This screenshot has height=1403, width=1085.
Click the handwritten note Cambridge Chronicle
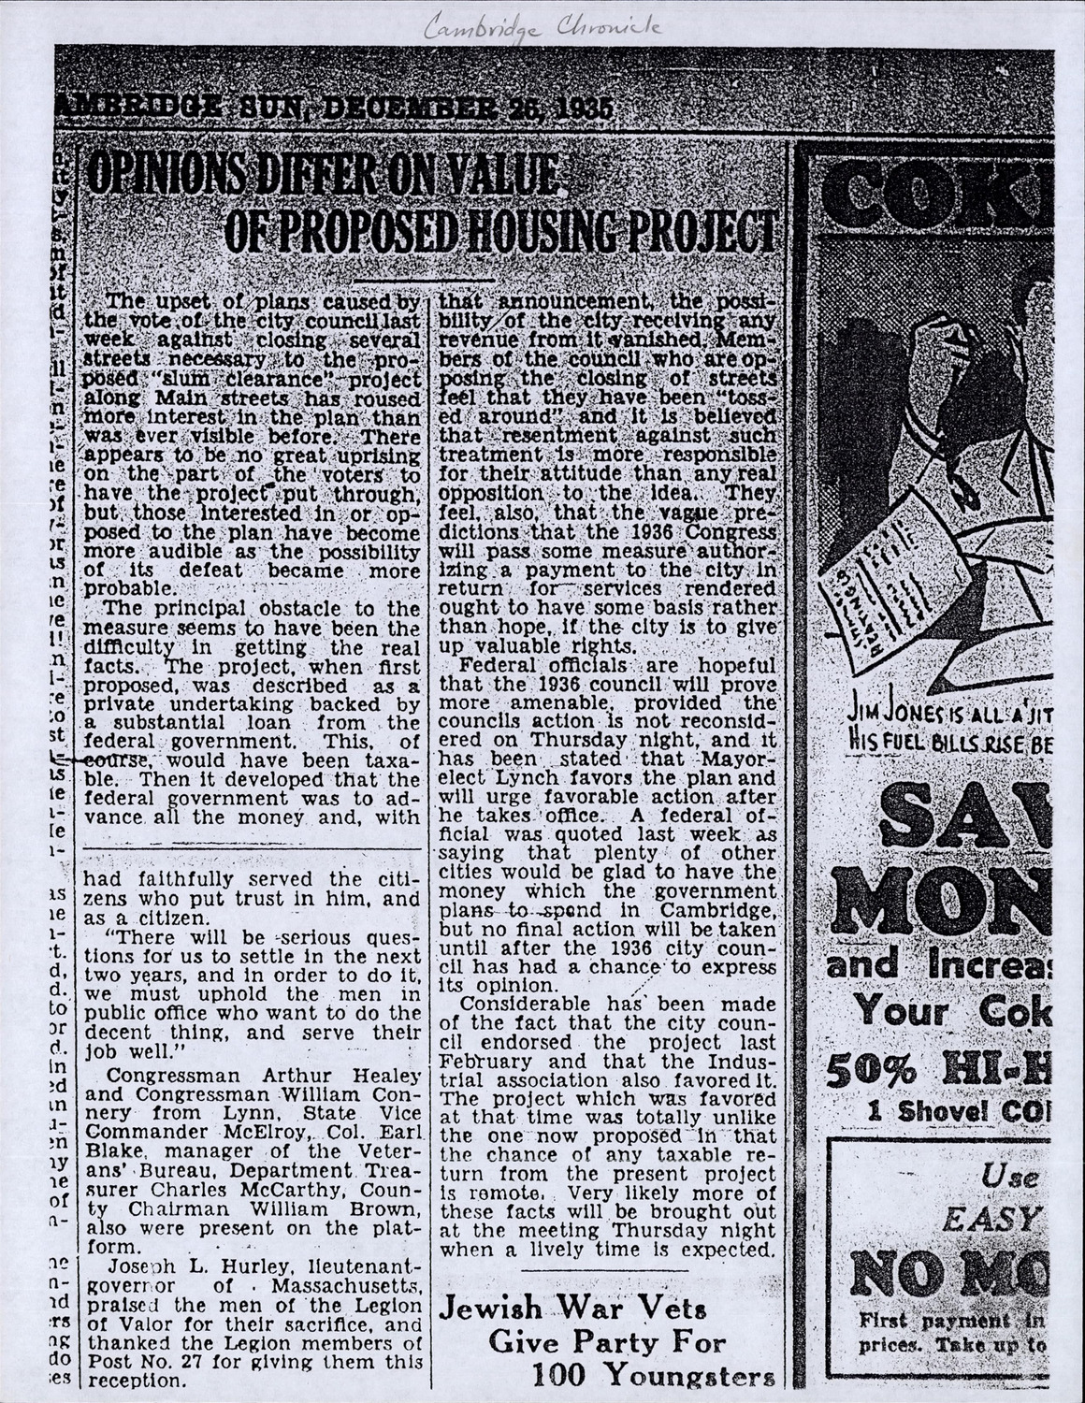542,29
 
